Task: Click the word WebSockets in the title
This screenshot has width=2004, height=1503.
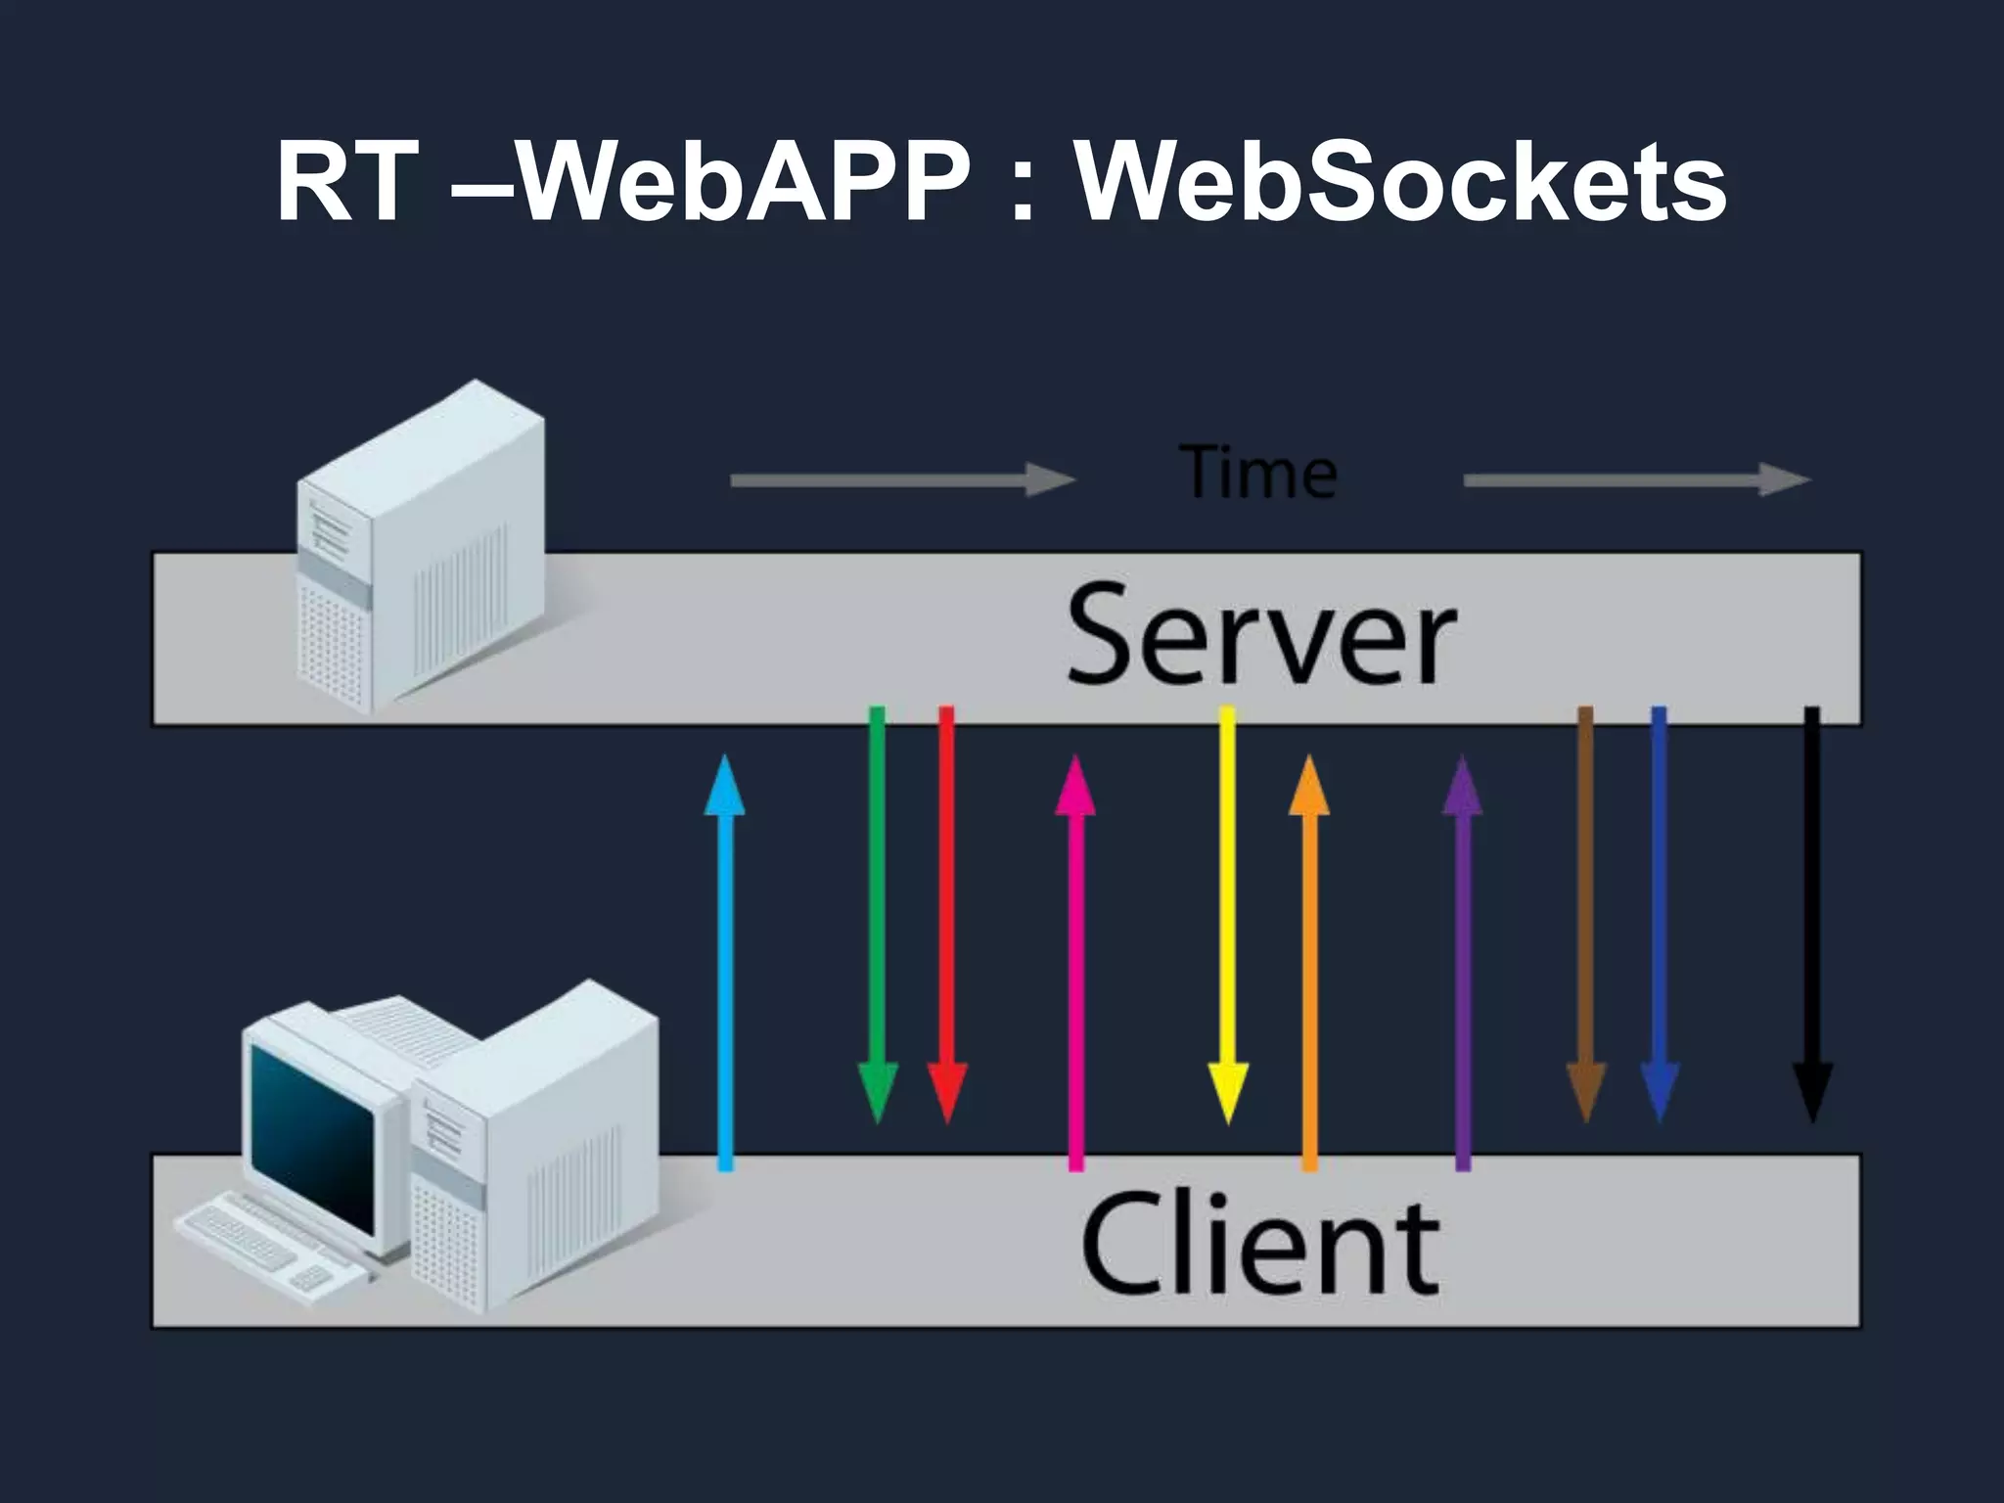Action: point(1400,184)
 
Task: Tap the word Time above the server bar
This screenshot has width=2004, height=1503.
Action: point(1259,474)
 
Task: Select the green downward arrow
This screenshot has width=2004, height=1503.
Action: point(877,910)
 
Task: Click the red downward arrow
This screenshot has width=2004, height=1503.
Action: point(946,910)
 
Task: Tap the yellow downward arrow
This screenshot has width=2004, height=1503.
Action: point(1227,910)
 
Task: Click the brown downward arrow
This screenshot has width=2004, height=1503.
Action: point(1586,910)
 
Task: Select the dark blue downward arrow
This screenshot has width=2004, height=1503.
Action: point(1659,910)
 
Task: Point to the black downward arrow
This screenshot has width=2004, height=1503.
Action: point(1812,910)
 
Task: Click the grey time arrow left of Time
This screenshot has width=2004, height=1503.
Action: point(900,480)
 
